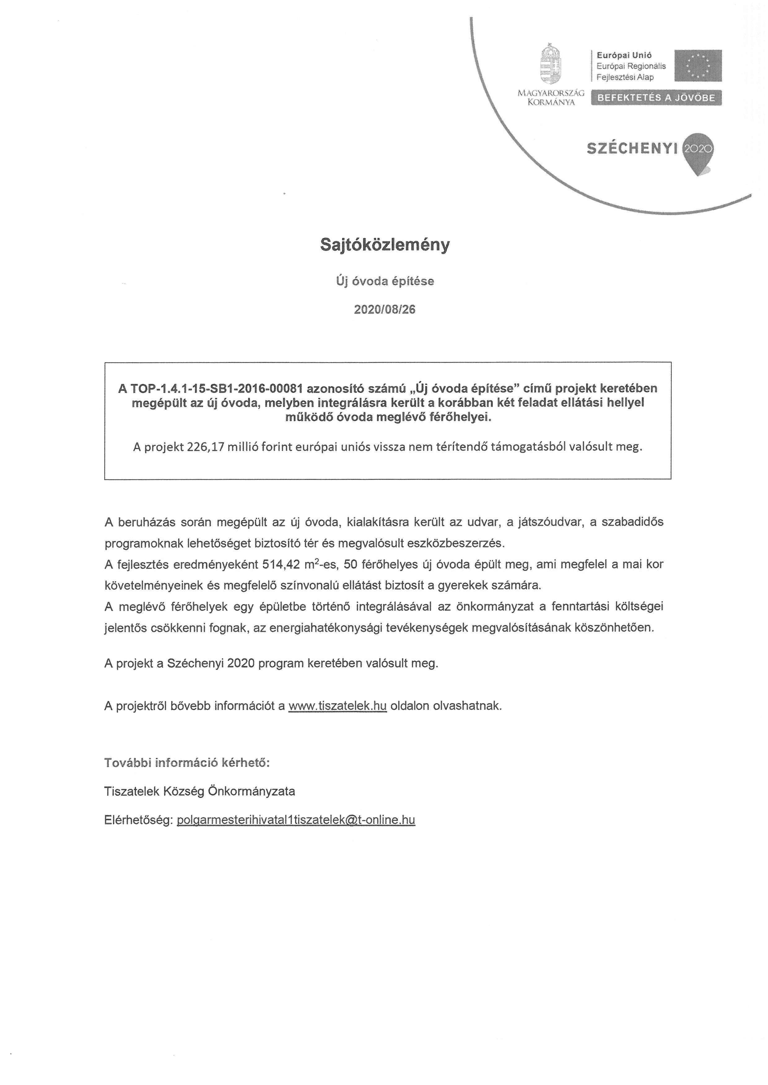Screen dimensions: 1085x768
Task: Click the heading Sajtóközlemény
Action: pyautogui.click(x=385, y=245)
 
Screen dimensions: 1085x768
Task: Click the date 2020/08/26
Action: pyautogui.click(x=385, y=309)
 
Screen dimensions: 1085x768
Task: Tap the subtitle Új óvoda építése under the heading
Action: pyautogui.click(x=385, y=281)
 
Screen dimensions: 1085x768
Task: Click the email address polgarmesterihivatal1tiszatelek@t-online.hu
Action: pyautogui.click(x=296, y=820)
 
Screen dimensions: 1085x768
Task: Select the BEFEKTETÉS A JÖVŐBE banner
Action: pyautogui.click(x=657, y=98)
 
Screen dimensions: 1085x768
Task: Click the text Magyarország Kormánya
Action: pyautogui.click(x=551, y=98)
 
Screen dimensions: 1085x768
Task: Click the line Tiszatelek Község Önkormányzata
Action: pyautogui.click(x=199, y=791)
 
